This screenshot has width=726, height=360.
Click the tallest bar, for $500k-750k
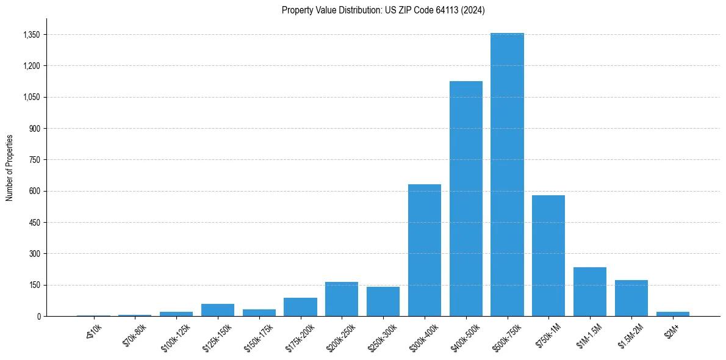(x=507, y=175)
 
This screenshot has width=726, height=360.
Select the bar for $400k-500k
(x=465, y=198)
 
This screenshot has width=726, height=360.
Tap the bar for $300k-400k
(x=425, y=250)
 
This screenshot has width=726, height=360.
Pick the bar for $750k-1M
(x=548, y=256)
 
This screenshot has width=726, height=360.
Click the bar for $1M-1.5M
(x=590, y=292)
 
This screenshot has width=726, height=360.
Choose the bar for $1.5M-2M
(x=631, y=298)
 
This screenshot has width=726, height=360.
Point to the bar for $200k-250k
(x=342, y=299)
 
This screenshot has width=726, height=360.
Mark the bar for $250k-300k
(x=383, y=301)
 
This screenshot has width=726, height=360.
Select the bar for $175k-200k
(x=300, y=307)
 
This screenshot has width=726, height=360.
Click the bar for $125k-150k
(x=218, y=310)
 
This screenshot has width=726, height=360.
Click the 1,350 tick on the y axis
(x=31, y=35)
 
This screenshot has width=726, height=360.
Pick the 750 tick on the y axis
(x=34, y=160)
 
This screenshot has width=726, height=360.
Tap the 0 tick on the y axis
(x=38, y=316)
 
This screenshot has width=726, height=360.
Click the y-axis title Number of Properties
(x=10, y=167)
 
